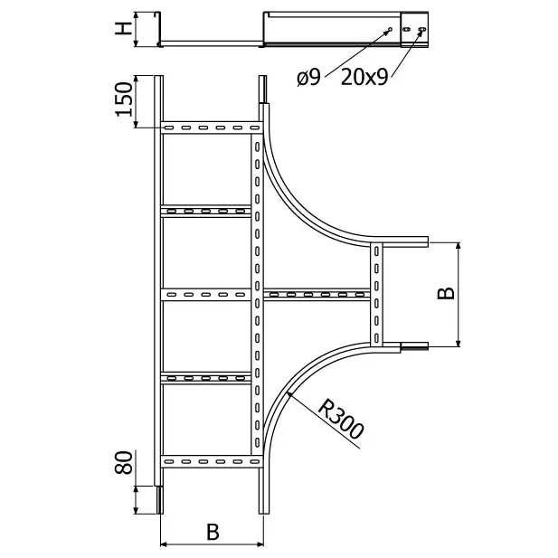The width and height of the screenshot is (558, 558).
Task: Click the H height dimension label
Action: pyautogui.click(x=124, y=28)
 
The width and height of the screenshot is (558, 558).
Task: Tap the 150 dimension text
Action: pyautogui.click(x=124, y=99)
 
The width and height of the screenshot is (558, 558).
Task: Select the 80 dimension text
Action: pyautogui.click(x=124, y=462)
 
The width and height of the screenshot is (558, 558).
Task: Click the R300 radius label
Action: pyautogui.click(x=341, y=419)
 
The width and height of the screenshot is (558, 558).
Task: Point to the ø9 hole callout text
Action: pyautogui.click(x=309, y=77)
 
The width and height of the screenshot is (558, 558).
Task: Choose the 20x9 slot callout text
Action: pyautogui.click(x=364, y=77)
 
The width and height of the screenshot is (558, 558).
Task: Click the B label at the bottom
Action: pyautogui.click(x=213, y=533)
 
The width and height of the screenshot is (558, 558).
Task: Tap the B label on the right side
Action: pyautogui.click(x=446, y=293)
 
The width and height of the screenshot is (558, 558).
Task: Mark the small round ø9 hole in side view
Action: pyautogui.click(x=390, y=29)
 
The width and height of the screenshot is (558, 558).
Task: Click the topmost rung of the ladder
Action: pyautogui.click(x=212, y=128)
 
